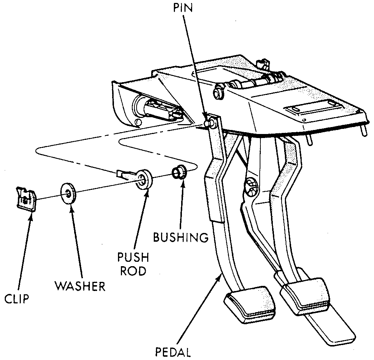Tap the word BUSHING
pos(181,238)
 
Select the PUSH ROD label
pos(133,264)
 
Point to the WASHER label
pos(80,286)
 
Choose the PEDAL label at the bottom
pos(173,353)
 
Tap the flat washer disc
pos(68,192)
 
